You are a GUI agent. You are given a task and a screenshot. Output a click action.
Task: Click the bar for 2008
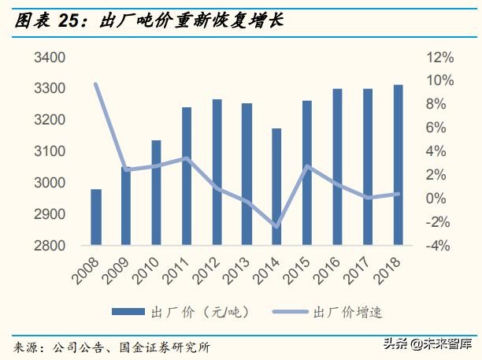(x=96, y=217)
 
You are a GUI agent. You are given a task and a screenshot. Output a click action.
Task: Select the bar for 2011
(x=186, y=176)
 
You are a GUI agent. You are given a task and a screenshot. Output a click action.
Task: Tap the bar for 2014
(x=276, y=187)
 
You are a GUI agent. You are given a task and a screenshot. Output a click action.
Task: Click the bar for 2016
(x=337, y=167)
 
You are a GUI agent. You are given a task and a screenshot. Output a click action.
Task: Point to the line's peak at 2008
(x=96, y=84)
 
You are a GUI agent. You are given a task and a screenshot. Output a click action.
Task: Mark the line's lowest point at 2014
(x=276, y=226)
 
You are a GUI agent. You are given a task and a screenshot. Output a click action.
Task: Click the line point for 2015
(x=307, y=167)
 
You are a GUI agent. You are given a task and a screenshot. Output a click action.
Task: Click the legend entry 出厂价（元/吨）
(x=188, y=312)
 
